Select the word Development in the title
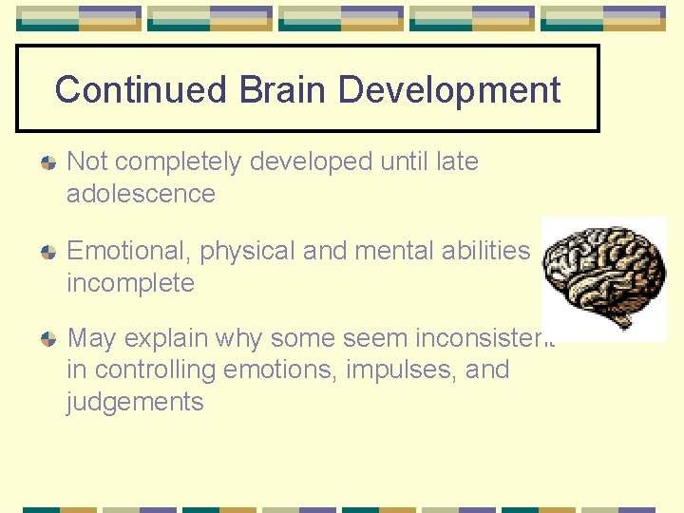pyautogui.click(x=449, y=90)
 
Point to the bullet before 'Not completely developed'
pyautogui.click(x=48, y=163)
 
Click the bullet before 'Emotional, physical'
pyautogui.click(x=48, y=253)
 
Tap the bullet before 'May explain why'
pyautogui.click(x=48, y=339)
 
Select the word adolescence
pyautogui.click(x=141, y=194)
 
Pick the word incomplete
pyautogui.click(x=130, y=283)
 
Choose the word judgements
pyautogui.click(x=135, y=402)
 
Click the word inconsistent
pyautogui.click(x=484, y=337)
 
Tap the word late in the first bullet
pyautogui.click(x=456, y=161)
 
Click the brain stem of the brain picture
pyautogui.click(x=622, y=321)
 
